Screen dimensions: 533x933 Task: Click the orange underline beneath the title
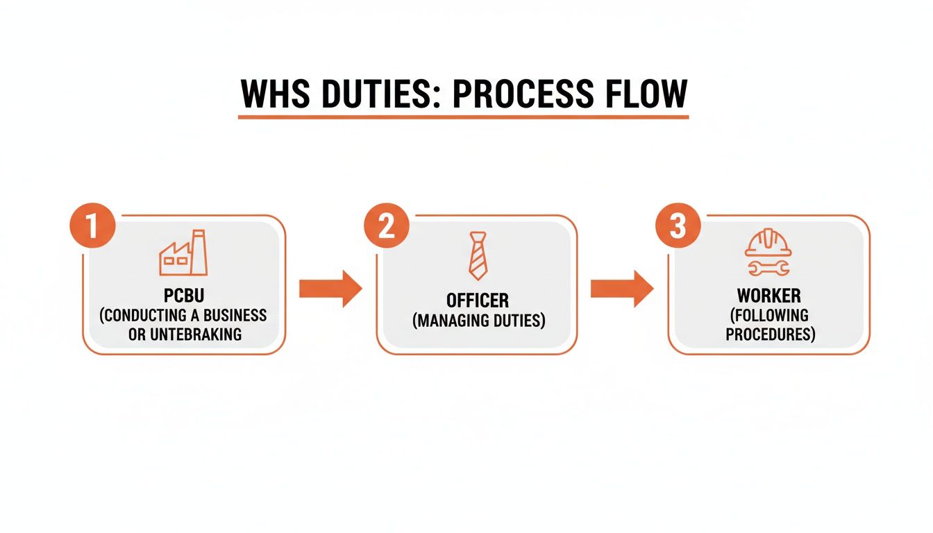point(463,117)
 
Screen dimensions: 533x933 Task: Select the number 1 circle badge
point(92,225)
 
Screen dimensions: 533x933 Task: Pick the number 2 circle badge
point(386,225)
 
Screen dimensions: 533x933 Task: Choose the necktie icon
point(478,256)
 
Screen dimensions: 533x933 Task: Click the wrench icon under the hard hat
point(768,267)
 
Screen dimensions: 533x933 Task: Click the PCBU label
point(183,296)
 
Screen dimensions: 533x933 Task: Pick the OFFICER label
point(478,301)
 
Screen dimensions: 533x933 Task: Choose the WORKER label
point(768,296)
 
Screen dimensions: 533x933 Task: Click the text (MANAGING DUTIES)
point(478,321)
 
